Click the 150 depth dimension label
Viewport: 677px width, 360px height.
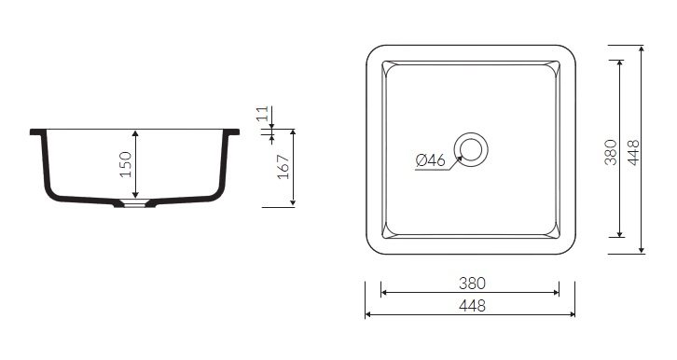coord(125,164)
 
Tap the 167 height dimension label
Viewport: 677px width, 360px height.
coord(283,167)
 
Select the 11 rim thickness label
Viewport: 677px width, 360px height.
coord(263,114)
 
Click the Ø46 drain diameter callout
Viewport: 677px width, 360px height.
coord(430,160)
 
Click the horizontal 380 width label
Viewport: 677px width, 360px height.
coord(472,284)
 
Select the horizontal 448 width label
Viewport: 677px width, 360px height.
coord(472,306)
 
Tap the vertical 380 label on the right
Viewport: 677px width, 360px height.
coord(611,152)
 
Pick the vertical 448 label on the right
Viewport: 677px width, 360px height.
coord(633,152)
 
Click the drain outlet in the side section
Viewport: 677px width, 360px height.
coord(134,203)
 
